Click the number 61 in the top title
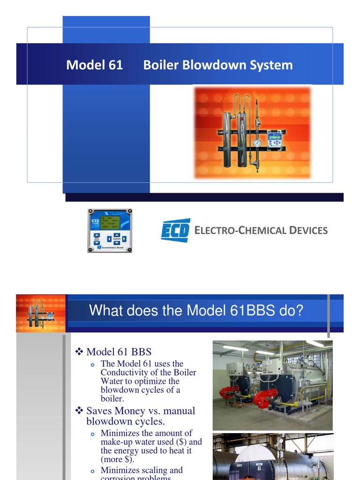point(115,65)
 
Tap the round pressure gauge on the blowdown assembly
point(257,142)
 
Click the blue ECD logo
point(175,230)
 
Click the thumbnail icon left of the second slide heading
point(41,313)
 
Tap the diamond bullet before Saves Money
point(79,411)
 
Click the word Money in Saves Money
point(133,411)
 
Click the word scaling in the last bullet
point(153,470)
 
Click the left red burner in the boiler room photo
point(229,392)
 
